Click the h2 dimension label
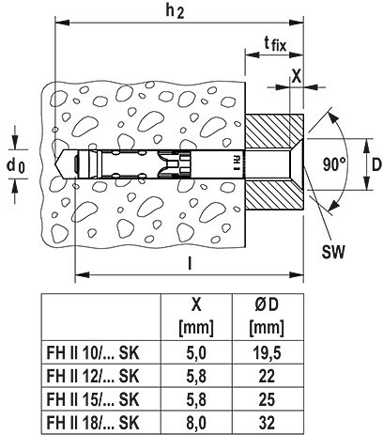click(x=175, y=11)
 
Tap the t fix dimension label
click(x=275, y=44)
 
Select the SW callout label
click(x=333, y=252)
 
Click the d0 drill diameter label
click(x=15, y=165)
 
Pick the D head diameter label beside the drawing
click(x=376, y=164)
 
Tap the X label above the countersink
click(x=297, y=75)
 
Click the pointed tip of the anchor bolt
click(x=56, y=164)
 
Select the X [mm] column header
click(x=196, y=317)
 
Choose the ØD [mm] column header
click(x=267, y=317)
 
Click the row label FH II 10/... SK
click(x=93, y=353)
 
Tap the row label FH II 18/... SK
click(x=93, y=423)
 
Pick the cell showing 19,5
click(x=267, y=353)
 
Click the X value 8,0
click(x=196, y=423)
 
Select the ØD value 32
click(x=267, y=423)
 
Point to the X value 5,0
click(x=196, y=353)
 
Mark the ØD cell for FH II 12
click(x=267, y=376)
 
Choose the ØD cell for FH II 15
click(x=267, y=399)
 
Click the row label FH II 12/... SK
click(x=93, y=376)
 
